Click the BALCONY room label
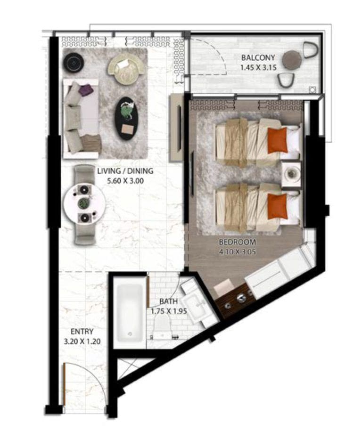[x=258, y=58]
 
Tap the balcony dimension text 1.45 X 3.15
[x=258, y=67]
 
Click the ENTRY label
[x=82, y=332]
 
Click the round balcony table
[x=292, y=60]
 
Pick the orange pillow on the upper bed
[x=278, y=140]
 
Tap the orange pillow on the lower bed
[x=278, y=206]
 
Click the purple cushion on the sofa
[x=85, y=90]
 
